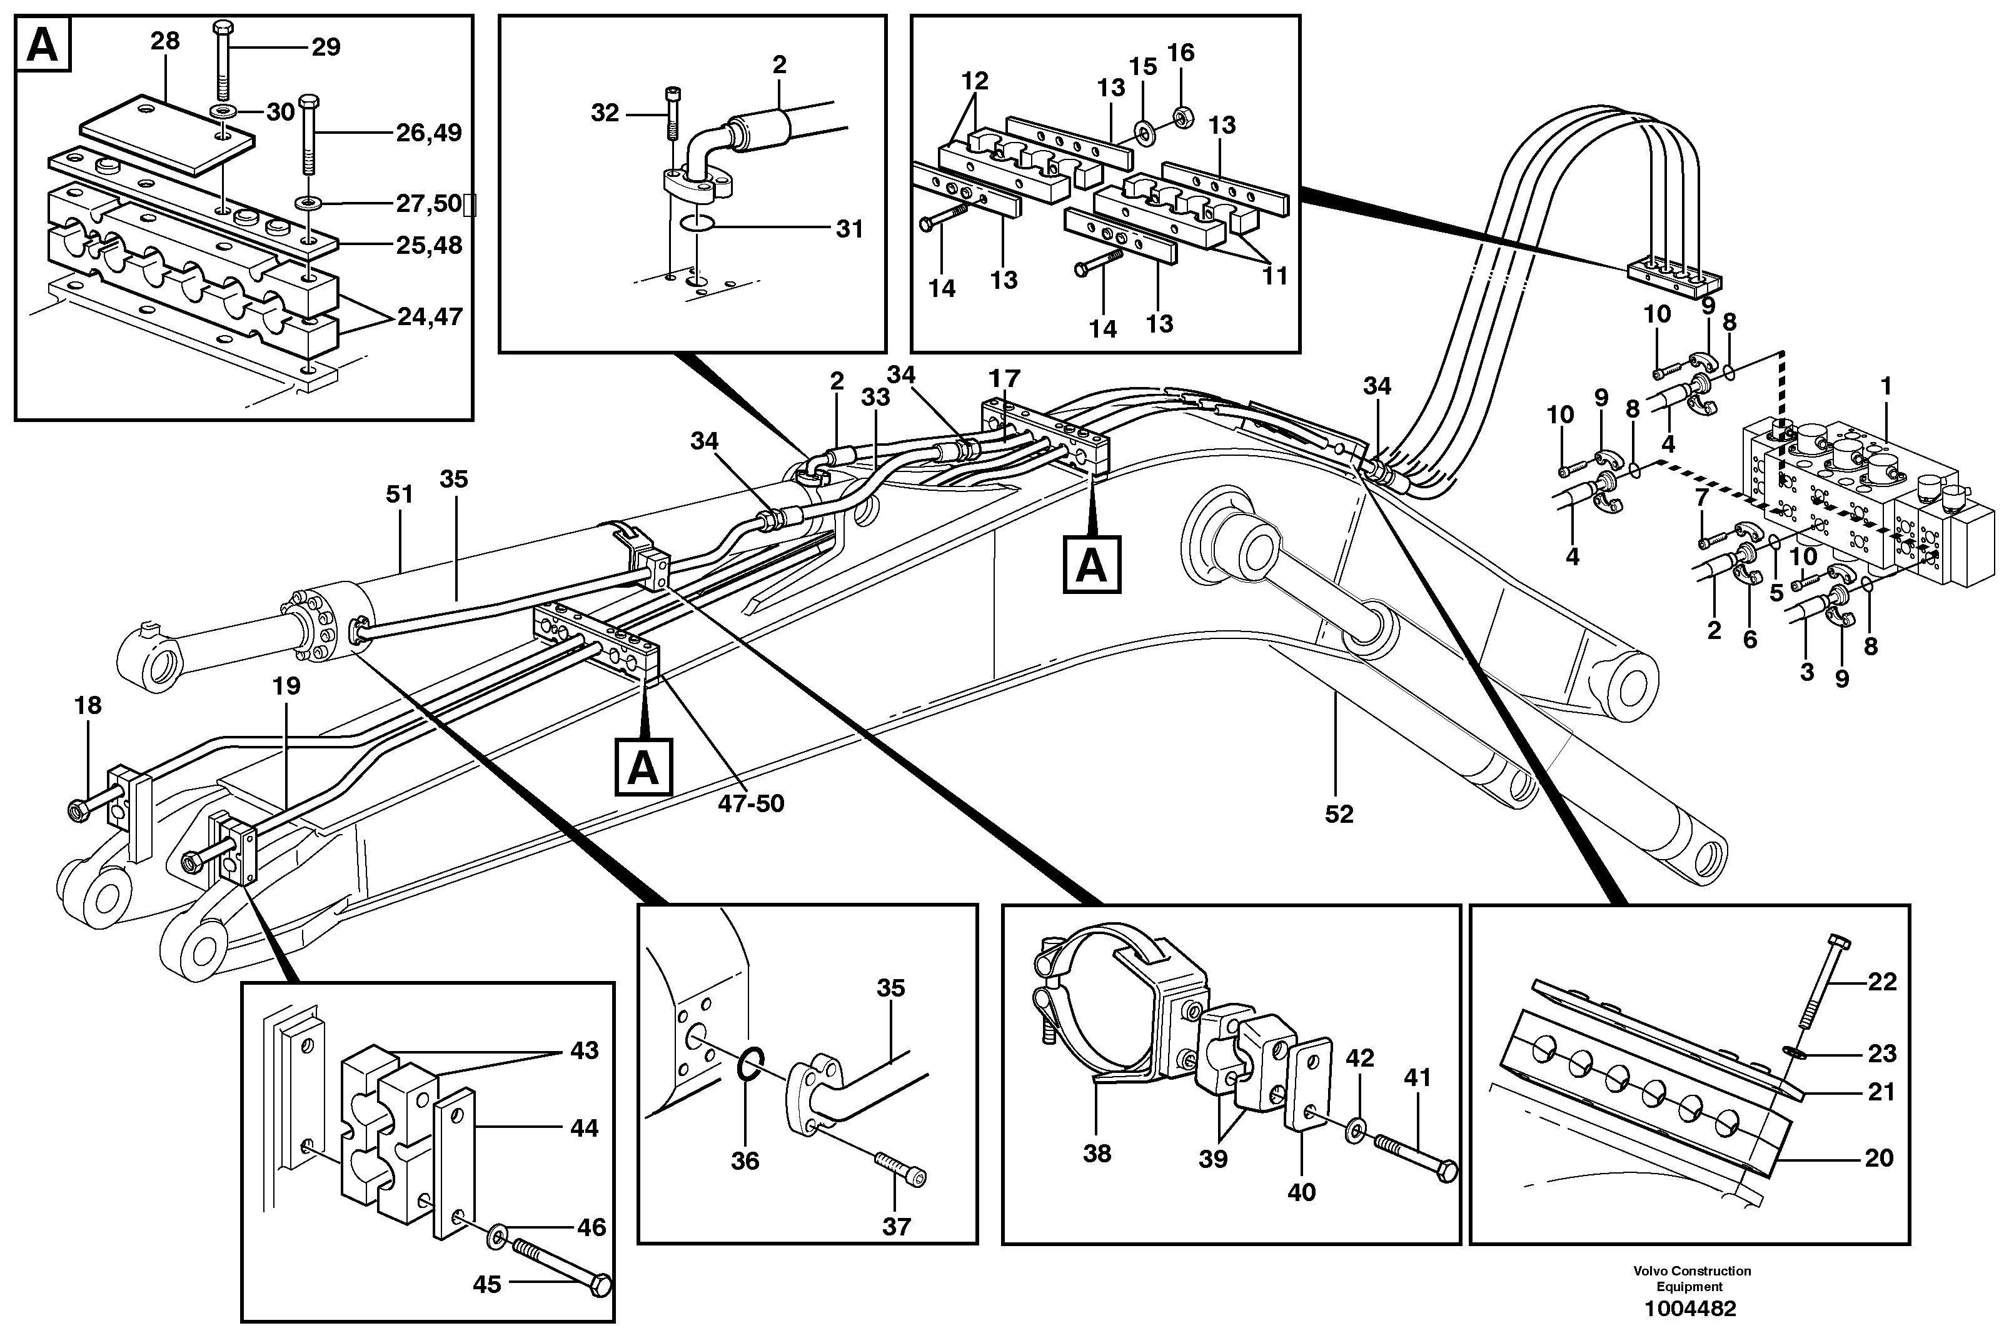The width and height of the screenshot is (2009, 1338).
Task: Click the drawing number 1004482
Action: [x=1690, y=1308]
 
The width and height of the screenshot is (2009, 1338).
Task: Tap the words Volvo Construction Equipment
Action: [x=1691, y=1278]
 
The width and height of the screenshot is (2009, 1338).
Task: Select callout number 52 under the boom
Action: [x=1338, y=814]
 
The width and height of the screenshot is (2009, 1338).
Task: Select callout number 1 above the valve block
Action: [x=1886, y=386]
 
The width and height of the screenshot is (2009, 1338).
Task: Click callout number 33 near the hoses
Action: [x=875, y=397]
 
